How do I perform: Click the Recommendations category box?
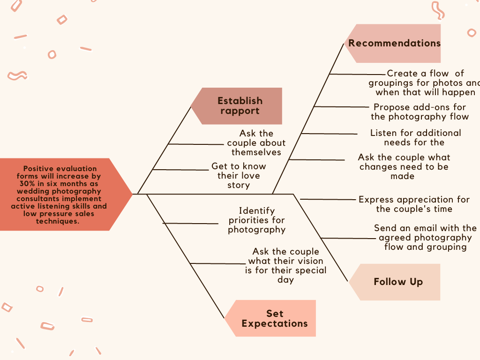click(x=394, y=44)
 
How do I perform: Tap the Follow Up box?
click(x=398, y=282)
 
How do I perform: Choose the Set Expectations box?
click(x=274, y=318)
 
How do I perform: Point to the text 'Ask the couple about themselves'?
click(x=256, y=143)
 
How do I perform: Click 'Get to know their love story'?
click(x=239, y=176)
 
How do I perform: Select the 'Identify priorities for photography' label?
click(x=256, y=220)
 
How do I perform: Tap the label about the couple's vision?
click(x=285, y=266)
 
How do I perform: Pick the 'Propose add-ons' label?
click(x=420, y=112)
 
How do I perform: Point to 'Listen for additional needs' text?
click(x=415, y=137)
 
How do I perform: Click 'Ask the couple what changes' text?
click(x=404, y=166)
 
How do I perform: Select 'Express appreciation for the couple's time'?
click(x=414, y=204)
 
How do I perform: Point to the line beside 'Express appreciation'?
click(x=328, y=200)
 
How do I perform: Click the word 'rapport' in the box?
click(x=240, y=111)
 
